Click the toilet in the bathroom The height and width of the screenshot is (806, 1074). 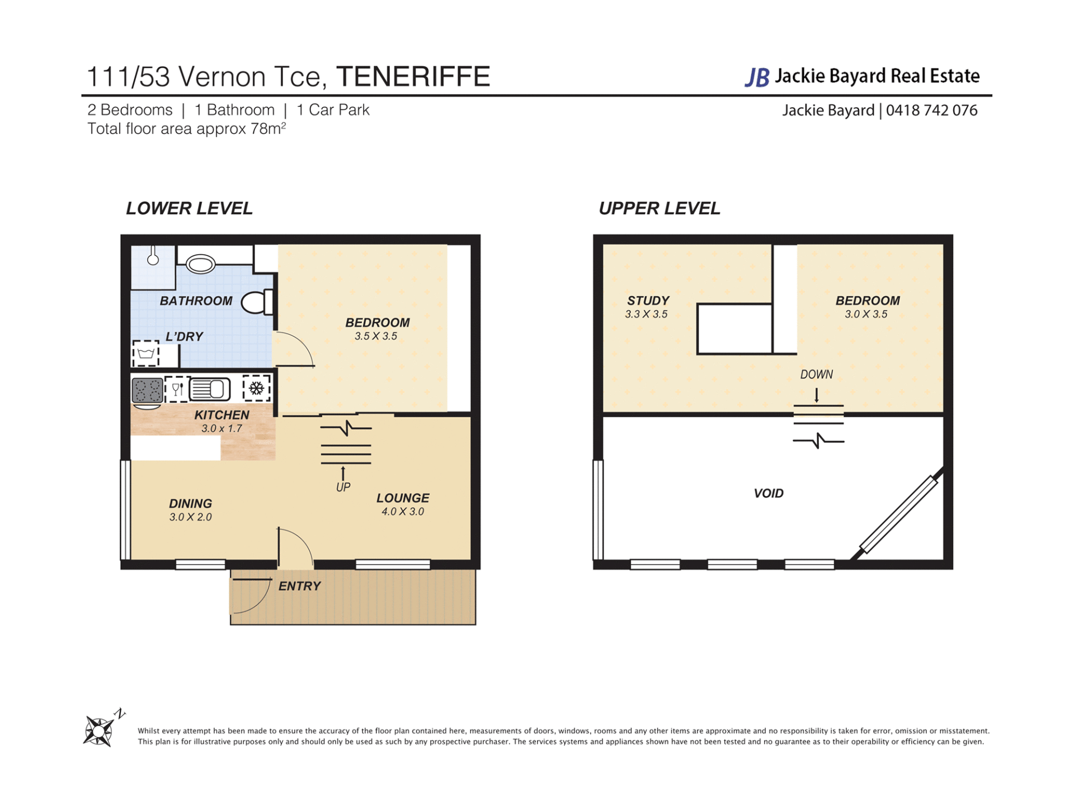tap(257, 302)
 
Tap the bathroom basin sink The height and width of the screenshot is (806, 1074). tap(200, 264)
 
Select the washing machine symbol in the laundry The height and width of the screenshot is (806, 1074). tap(146, 353)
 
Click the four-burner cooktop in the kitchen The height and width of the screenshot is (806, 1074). tap(147, 390)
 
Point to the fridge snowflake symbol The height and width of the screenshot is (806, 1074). tap(257, 388)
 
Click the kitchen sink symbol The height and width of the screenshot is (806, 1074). tap(210, 389)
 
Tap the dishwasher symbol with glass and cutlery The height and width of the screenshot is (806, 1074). tap(177, 389)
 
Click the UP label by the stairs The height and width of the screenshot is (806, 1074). tap(343, 487)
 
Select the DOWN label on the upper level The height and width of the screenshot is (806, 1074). tap(816, 374)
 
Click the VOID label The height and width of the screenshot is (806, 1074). tap(769, 493)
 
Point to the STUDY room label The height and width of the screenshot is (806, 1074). tap(648, 301)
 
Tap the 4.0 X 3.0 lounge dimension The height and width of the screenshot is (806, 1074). tap(403, 512)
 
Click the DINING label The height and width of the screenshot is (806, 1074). tap(191, 503)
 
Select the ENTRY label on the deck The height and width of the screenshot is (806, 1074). tap(300, 586)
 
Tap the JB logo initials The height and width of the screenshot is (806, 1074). tap(757, 77)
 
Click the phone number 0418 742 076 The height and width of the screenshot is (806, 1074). tap(931, 110)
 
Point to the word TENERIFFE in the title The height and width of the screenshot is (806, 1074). tap(413, 77)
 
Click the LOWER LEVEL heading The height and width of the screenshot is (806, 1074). tap(189, 208)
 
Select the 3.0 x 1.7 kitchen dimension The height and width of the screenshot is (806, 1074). tap(222, 429)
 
